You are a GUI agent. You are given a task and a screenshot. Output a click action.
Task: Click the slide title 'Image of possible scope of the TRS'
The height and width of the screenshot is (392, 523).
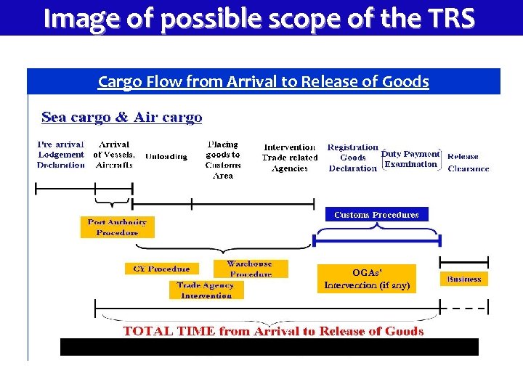(260, 17)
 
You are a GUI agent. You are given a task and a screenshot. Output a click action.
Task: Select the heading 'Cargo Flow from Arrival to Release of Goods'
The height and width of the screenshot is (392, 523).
(263, 81)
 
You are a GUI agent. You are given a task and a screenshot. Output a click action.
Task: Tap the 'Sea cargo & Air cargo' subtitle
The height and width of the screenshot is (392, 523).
(121, 117)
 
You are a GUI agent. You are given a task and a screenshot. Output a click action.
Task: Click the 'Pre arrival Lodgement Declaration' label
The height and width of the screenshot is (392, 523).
(61, 155)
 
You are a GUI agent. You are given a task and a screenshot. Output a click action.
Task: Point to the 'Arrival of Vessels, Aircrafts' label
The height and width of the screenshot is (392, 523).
(114, 155)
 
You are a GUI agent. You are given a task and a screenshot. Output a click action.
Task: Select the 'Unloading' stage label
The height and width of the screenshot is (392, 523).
(166, 156)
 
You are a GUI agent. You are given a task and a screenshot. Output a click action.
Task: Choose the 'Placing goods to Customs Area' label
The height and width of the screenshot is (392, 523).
(222, 160)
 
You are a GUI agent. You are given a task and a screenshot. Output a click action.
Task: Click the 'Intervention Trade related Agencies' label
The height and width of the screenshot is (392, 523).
(290, 158)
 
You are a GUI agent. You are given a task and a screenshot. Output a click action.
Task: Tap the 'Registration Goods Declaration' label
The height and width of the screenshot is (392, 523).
(353, 158)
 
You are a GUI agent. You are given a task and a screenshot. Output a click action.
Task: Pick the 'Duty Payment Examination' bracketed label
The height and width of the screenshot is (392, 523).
(411, 159)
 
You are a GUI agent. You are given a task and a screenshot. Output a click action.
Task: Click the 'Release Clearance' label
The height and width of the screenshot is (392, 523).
(468, 162)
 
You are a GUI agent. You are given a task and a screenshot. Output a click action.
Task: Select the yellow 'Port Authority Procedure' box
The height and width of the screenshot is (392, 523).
(117, 227)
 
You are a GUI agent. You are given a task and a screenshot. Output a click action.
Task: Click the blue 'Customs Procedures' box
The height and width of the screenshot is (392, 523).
(376, 214)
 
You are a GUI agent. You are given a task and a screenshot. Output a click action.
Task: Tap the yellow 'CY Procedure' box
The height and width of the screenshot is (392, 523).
(161, 269)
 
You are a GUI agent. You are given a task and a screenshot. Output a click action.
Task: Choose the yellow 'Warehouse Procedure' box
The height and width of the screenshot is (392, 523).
(250, 269)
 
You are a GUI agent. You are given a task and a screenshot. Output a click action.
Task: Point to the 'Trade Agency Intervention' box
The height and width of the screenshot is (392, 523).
(206, 290)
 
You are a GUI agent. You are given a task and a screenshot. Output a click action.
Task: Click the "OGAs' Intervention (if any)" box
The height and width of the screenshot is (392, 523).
(367, 279)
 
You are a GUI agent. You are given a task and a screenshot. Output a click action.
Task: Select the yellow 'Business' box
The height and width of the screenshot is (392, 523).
(464, 279)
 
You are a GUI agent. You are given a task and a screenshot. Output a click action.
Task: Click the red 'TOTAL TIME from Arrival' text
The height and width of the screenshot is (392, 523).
(273, 331)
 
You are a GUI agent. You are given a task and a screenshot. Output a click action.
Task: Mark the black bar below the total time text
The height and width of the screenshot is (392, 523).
(269, 347)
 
